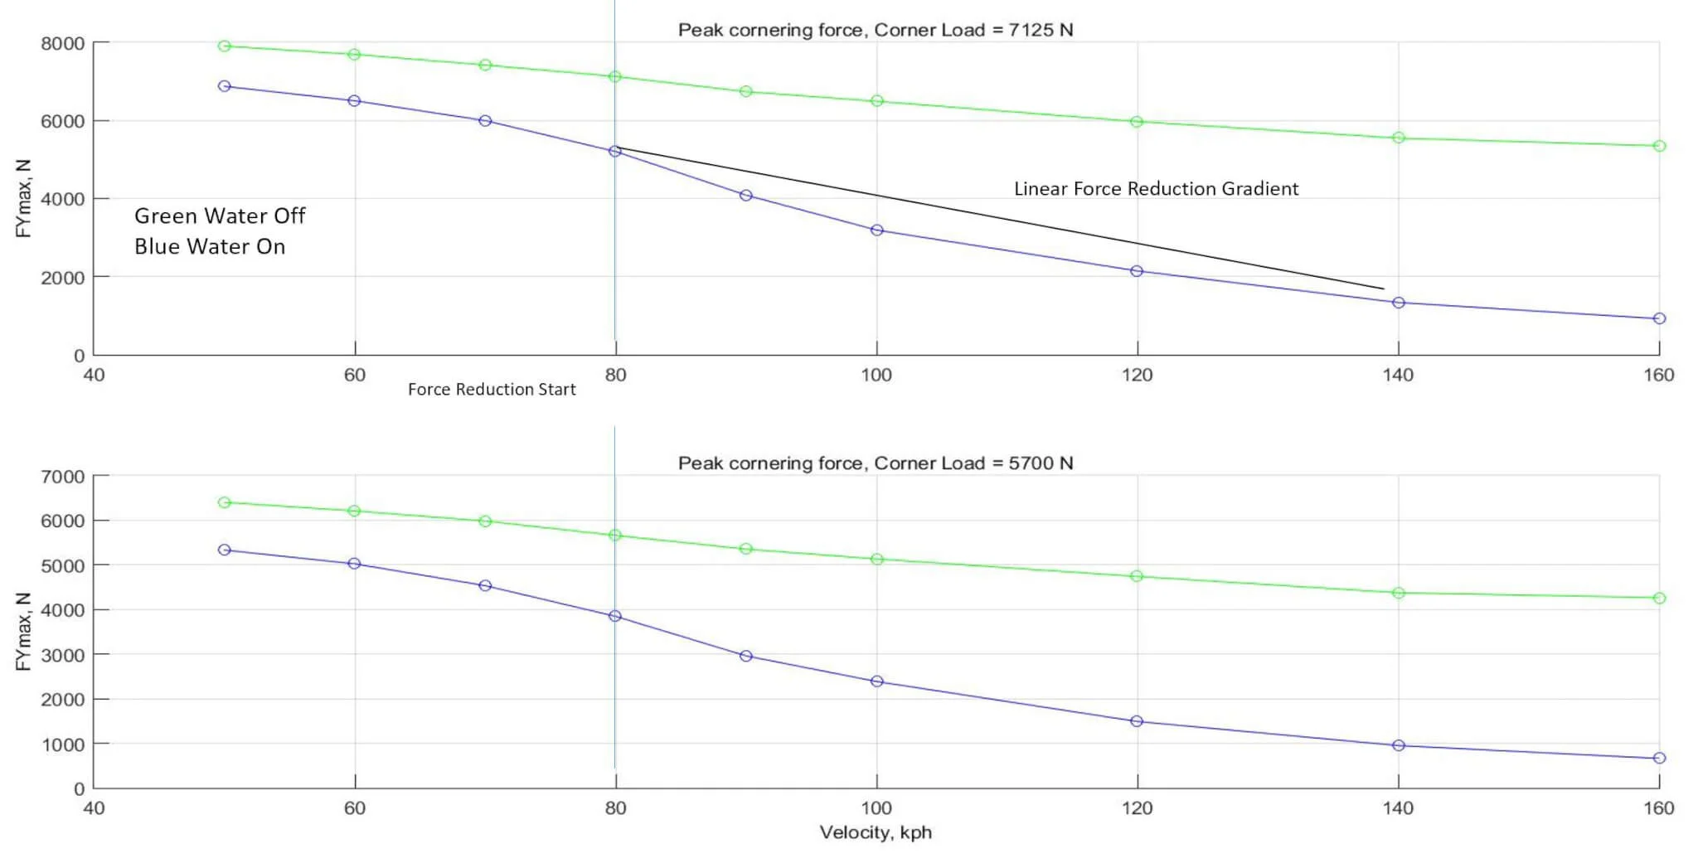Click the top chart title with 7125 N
tap(876, 30)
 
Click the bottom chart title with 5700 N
tap(876, 463)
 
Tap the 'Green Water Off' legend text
tap(220, 216)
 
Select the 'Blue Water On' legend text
tap(210, 247)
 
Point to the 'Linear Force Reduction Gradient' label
tap(1156, 189)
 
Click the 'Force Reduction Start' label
tap(492, 390)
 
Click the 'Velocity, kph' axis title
tap(876, 832)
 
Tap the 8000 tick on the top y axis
tap(63, 44)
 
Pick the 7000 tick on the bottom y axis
tap(63, 477)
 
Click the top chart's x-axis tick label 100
tap(876, 376)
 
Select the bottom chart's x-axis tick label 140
tap(1398, 808)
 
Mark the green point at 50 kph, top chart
tap(224, 46)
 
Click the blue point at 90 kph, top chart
tap(746, 196)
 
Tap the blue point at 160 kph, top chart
tap(1659, 318)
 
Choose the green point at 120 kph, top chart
tap(1137, 122)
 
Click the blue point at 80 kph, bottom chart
tap(615, 616)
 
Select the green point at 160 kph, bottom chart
tap(1659, 598)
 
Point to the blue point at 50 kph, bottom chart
tap(224, 550)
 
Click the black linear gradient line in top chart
tap(995, 219)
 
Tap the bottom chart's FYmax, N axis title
tap(23, 632)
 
